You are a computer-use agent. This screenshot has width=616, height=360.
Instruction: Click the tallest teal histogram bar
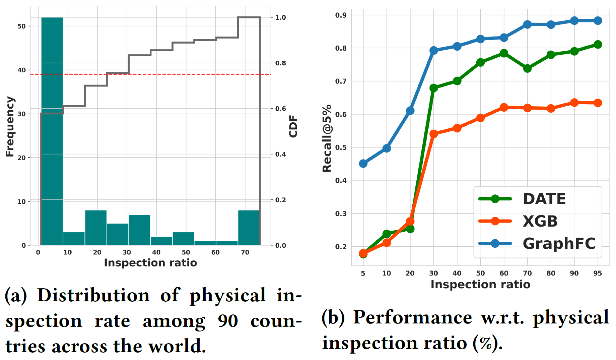point(52,131)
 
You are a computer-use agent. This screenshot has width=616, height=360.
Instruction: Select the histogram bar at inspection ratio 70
point(249,228)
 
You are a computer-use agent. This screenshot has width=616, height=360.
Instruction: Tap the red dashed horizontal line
point(167,74)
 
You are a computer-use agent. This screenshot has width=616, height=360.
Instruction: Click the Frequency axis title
point(10,127)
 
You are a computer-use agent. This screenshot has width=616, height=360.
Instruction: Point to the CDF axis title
point(293,126)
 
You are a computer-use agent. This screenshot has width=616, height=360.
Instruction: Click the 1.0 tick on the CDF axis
point(280,17)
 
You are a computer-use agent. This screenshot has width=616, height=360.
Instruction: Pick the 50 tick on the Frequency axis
point(21,26)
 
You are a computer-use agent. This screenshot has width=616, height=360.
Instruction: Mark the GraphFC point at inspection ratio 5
point(363,164)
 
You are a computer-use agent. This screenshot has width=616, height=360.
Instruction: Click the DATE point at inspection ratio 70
point(527,68)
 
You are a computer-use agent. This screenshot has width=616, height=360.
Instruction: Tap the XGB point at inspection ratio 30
point(433,134)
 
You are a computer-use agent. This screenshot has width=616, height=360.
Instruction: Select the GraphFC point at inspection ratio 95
point(598,21)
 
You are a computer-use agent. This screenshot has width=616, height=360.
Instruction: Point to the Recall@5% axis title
point(327,138)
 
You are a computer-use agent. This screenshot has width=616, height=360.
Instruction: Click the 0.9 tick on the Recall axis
point(341,15)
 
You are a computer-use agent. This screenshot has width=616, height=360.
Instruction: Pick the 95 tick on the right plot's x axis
point(598,273)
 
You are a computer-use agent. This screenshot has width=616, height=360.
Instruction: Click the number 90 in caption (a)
point(228,321)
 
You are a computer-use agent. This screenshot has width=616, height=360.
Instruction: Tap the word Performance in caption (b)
point(413,317)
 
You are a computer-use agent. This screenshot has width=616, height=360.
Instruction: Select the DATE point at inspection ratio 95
point(598,45)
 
